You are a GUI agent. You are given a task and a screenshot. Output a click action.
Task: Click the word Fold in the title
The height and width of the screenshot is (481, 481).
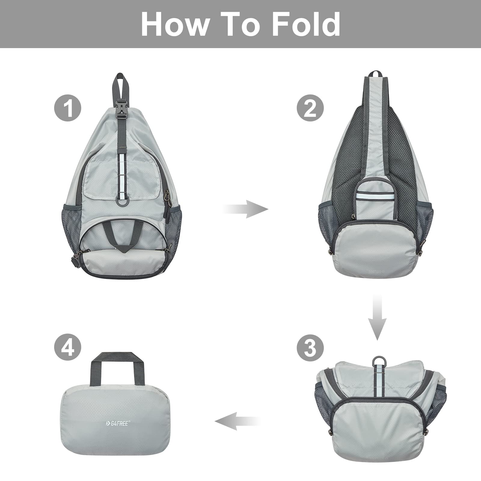(306, 24)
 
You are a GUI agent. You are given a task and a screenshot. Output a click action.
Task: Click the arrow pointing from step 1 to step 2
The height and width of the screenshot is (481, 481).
(246, 209)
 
